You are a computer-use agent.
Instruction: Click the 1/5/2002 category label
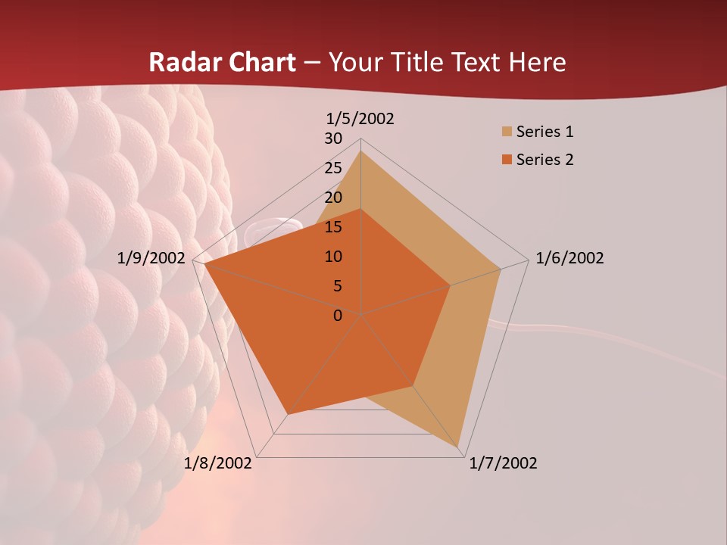pyautogui.click(x=360, y=119)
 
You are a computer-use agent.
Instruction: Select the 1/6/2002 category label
pyautogui.click(x=569, y=258)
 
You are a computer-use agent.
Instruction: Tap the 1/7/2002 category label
pyautogui.click(x=503, y=463)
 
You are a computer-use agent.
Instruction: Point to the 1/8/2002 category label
pyautogui.click(x=218, y=463)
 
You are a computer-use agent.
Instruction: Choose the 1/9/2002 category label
pyautogui.click(x=151, y=258)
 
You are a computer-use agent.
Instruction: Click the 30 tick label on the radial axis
pyautogui.click(x=333, y=139)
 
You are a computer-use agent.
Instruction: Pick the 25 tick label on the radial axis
pyautogui.click(x=333, y=168)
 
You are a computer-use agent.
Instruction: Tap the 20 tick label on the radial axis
pyautogui.click(x=333, y=198)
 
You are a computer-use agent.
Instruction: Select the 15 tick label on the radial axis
pyautogui.click(x=333, y=227)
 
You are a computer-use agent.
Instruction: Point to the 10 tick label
pyautogui.click(x=333, y=257)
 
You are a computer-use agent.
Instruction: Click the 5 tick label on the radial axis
pyautogui.click(x=338, y=286)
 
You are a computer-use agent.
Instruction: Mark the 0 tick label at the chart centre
pyautogui.click(x=338, y=315)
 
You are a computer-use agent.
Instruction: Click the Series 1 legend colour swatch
pyautogui.click(x=507, y=132)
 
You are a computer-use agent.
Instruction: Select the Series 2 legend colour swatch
pyautogui.click(x=507, y=160)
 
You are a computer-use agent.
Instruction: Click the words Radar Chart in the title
pyautogui.click(x=222, y=62)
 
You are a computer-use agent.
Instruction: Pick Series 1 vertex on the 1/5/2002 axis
pyautogui.click(x=360, y=151)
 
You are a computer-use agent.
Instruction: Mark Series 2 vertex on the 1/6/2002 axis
pyautogui.click(x=450, y=286)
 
